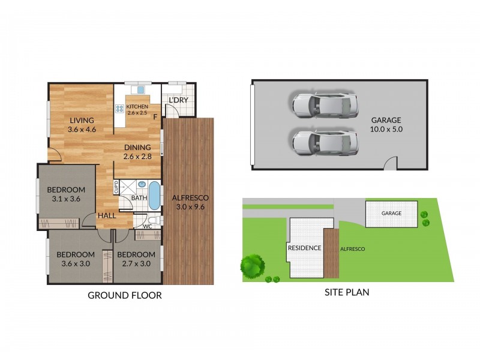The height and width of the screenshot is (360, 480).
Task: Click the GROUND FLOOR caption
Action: [125, 295]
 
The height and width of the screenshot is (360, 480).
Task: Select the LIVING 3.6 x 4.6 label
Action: [82, 124]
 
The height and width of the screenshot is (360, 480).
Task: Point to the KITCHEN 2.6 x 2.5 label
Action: [137, 109]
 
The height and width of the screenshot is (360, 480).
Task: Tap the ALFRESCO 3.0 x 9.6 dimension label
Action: [190, 202]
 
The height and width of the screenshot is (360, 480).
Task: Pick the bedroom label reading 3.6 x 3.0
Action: [76, 259]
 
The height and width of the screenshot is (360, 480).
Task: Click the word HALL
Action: [107, 215]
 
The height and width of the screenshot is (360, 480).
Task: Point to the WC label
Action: [147, 227]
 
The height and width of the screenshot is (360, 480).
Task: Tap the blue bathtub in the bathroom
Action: [154, 196]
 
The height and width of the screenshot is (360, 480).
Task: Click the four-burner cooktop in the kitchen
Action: [119, 109]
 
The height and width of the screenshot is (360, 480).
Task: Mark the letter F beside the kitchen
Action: [155, 117]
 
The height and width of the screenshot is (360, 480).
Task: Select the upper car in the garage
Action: [325, 104]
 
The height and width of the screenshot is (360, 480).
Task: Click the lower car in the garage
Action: [325, 142]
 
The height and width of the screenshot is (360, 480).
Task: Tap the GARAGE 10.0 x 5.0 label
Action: [386, 124]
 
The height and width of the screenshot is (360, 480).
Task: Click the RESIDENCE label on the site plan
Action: [304, 248]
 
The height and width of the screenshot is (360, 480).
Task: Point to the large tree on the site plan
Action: [253, 265]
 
